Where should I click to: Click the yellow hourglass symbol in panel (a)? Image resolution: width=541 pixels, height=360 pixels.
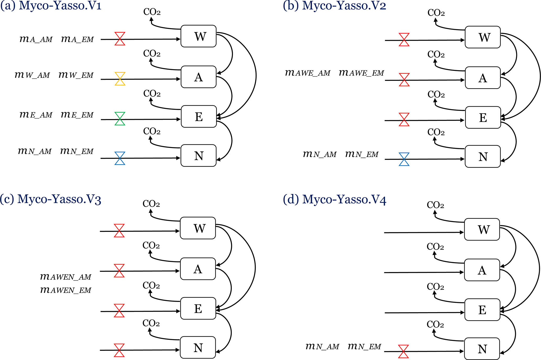120,79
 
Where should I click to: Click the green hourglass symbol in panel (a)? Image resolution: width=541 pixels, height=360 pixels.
120,119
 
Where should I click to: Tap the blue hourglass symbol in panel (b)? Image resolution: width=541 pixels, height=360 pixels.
404,159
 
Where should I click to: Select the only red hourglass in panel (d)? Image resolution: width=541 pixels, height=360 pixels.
403,351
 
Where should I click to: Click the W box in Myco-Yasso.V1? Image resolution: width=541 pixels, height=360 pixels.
199,36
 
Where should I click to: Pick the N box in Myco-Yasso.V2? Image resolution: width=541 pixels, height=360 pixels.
483,157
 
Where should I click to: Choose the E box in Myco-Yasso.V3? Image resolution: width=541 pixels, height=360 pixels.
198,308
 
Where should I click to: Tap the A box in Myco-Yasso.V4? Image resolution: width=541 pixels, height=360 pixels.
482,270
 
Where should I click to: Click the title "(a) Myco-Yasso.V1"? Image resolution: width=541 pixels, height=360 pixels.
51,6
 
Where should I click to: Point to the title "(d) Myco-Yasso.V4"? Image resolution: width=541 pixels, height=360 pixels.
334,199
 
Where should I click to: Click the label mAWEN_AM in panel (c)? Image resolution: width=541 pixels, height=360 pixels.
65,277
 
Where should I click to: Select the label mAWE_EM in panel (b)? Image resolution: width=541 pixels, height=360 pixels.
361,73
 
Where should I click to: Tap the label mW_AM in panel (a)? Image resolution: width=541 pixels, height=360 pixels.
32,75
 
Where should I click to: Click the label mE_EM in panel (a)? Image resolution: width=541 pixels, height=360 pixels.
77,115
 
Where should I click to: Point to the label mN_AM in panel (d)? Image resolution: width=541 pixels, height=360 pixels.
322,346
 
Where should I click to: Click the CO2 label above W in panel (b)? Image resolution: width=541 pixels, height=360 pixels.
436,13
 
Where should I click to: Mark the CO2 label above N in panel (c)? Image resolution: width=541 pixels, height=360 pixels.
151,323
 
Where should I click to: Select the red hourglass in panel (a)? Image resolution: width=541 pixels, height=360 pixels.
120,39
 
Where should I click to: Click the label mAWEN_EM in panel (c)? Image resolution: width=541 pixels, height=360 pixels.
65,290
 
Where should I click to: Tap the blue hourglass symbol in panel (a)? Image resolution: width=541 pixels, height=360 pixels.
120,158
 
